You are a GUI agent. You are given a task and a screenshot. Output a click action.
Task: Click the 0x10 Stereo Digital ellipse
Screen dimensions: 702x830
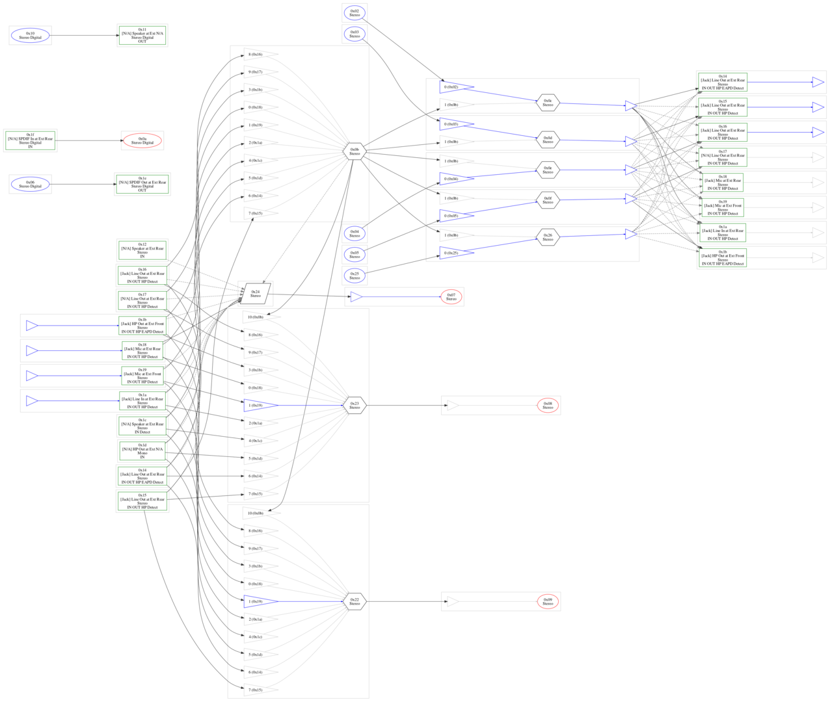coord(30,36)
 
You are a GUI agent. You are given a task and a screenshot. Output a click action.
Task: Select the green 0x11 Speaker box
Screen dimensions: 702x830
coord(142,35)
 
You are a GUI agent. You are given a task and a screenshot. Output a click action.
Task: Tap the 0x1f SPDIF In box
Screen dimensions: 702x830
coord(30,140)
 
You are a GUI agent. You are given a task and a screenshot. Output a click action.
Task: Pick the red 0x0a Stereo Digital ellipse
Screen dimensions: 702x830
coord(142,140)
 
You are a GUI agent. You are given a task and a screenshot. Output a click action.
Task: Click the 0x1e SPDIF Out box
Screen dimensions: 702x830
coord(142,185)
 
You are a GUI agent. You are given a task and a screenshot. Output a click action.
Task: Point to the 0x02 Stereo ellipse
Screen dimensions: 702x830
coord(355,13)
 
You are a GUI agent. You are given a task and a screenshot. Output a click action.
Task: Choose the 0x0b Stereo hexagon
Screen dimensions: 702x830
coord(355,152)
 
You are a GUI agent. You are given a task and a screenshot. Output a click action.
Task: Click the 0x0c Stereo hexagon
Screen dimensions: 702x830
coord(548,103)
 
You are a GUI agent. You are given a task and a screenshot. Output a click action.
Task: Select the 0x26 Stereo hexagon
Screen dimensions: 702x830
coord(548,237)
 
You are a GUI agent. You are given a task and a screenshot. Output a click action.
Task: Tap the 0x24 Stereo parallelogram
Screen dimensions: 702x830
coord(256,294)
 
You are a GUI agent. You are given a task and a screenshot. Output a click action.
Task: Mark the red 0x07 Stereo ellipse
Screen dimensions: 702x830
coord(451,297)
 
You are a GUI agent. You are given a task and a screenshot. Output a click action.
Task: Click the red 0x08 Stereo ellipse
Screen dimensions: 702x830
coord(548,406)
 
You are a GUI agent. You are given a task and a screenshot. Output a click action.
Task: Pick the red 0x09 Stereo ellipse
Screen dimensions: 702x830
coord(548,602)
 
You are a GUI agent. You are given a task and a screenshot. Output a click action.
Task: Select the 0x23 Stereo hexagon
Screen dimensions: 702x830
coord(355,406)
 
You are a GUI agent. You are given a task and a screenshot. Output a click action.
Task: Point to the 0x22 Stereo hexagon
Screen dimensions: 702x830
coord(355,602)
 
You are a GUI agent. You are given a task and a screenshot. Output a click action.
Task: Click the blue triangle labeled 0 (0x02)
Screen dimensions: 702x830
coord(455,87)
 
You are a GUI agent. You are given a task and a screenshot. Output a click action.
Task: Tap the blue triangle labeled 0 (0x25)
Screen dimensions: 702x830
coord(455,253)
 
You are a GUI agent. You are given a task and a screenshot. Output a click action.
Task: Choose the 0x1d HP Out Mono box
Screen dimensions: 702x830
coord(142,451)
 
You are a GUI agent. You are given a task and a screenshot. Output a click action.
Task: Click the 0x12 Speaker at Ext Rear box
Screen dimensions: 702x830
coord(142,250)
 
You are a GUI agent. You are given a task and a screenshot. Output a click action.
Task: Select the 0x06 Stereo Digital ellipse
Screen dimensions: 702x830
coord(30,185)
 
